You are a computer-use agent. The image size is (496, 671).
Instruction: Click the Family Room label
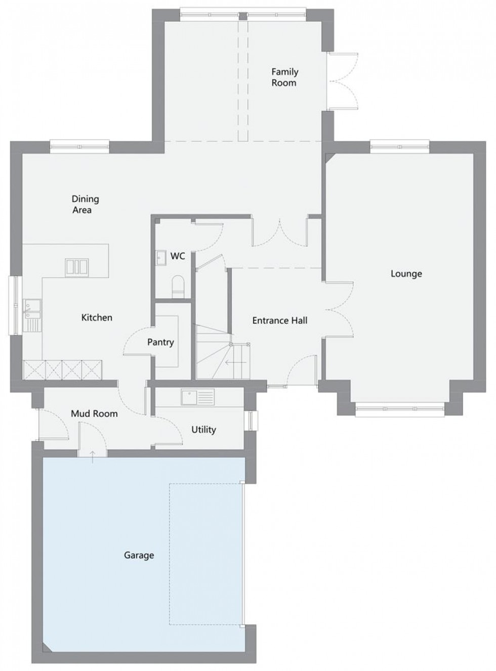click(285, 77)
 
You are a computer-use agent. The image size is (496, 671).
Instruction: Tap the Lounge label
click(406, 274)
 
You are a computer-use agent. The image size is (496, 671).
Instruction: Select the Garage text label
click(139, 556)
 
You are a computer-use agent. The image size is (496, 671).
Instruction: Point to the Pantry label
click(160, 342)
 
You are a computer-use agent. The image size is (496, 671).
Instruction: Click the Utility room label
click(203, 430)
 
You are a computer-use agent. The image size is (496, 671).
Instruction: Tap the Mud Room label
click(95, 413)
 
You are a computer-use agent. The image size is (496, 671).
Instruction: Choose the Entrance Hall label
click(280, 320)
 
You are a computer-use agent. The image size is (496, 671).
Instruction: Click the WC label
click(178, 256)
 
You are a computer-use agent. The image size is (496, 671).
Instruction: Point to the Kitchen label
click(97, 317)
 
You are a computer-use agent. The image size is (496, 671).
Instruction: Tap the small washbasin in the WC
click(160, 258)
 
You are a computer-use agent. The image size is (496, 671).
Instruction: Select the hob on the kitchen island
click(77, 268)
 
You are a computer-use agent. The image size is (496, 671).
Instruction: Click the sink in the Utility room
click(198, 397)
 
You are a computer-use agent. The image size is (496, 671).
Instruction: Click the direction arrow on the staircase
click(236, 362)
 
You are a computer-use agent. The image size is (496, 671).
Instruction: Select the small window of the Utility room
click(252, 421)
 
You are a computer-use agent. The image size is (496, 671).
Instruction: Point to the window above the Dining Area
click(79, 146)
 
